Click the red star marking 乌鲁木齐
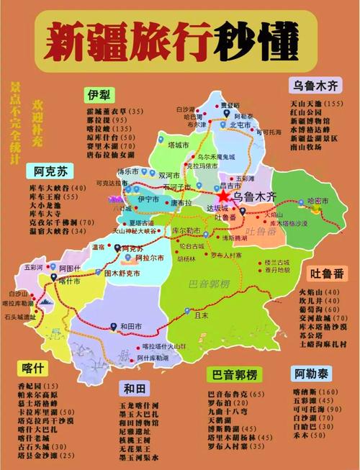click(x=223, y=195)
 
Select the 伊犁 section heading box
click(x=102, y=95)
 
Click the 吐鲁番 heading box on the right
click(x=328, y=274)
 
